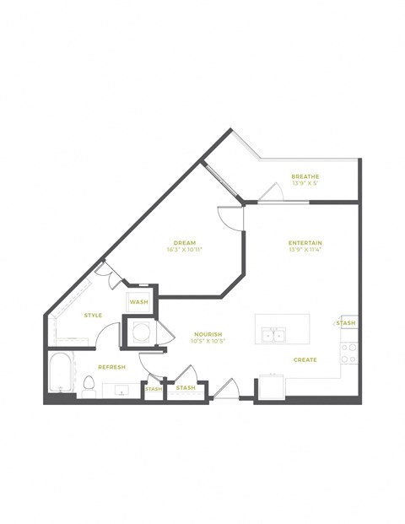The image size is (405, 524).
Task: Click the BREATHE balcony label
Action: [305, 176]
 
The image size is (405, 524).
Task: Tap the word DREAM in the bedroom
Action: [184, 243]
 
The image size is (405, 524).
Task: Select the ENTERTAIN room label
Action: [305, 243]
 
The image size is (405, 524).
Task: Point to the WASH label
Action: [138, 301]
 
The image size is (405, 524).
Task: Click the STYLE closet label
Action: [93, 316]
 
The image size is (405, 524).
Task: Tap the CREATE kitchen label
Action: [305, 359]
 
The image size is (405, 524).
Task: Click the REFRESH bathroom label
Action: [111, 367]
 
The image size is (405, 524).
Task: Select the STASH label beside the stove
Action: [347, 323]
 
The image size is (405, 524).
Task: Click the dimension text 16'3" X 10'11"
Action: [184, 250]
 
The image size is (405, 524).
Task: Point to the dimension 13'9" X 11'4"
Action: [305, 250]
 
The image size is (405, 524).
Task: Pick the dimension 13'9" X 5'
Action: [305, 183]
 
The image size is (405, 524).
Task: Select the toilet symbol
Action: [89, 384]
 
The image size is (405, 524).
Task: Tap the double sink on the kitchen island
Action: [273, 335]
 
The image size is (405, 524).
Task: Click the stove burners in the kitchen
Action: [349, 353]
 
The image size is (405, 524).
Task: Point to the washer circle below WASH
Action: [138, 330]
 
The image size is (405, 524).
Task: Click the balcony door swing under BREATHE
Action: [272, 193]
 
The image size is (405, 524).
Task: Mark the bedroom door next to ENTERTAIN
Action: [229, 217]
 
